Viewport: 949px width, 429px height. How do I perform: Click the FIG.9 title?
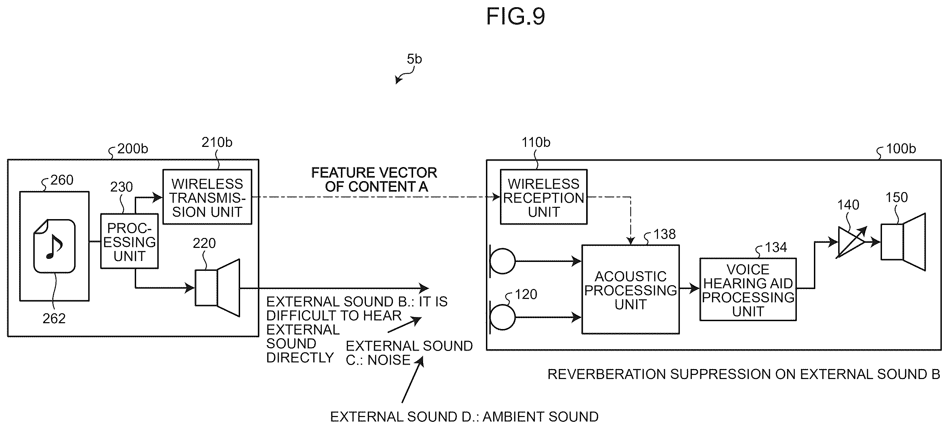515,16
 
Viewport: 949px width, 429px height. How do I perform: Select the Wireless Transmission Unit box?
207,197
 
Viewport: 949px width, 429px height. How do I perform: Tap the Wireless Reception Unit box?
544,197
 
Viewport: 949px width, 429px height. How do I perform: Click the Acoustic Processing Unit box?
631,290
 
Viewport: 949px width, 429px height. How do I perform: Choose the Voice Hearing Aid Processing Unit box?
748,290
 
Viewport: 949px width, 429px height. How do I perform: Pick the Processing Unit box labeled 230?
129,241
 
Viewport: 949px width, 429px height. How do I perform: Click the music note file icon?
54,246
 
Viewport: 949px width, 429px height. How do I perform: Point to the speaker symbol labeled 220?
218,288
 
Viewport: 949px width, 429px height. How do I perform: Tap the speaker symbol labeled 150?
903,242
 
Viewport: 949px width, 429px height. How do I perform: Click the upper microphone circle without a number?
502,261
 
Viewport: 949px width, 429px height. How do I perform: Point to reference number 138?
664,234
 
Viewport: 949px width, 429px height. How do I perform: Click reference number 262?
54,318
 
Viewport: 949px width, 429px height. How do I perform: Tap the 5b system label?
414,59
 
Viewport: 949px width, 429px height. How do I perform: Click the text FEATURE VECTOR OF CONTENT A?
374,180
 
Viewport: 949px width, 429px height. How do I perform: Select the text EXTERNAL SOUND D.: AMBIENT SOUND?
464,417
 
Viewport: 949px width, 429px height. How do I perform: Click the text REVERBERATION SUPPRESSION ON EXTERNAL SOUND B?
744,375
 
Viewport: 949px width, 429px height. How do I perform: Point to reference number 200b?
133,149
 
